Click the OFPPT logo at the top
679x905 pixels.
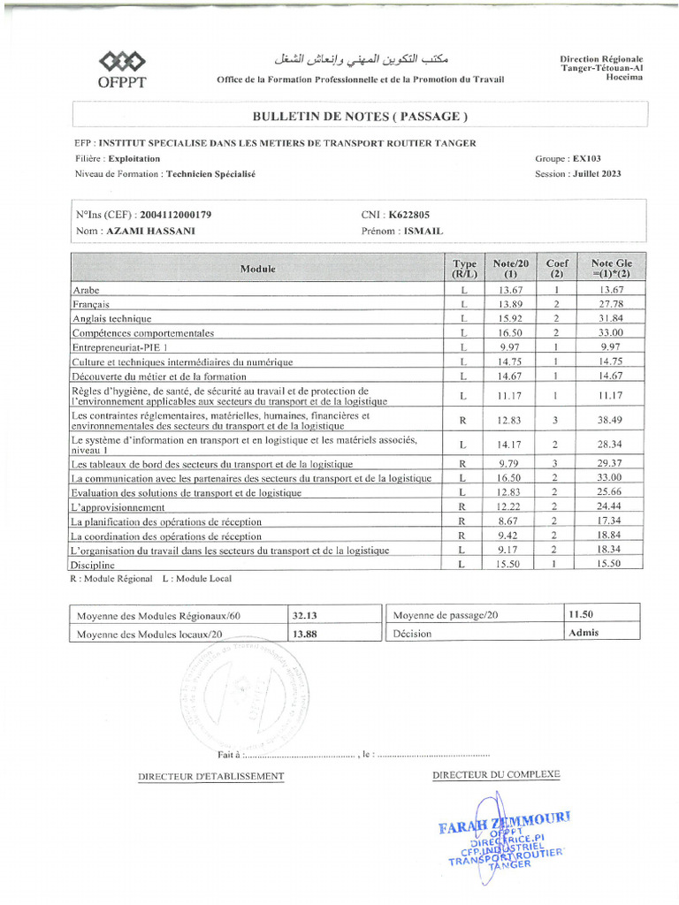click(123, 68)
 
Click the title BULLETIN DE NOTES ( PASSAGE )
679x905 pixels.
click(360, 116)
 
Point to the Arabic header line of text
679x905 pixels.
click(361, 59)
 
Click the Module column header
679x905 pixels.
click(257, 269)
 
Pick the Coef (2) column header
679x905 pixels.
click(557, 269)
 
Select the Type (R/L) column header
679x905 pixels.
click(464, 269)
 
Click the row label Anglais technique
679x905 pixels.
click(112, 319)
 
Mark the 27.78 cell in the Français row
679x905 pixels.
click(612, 304)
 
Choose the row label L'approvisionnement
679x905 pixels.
click(118, 507)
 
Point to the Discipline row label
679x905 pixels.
click(93, 565)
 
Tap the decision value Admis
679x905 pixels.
click(584, 634)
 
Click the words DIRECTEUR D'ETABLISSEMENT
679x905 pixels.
click(211, 776)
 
